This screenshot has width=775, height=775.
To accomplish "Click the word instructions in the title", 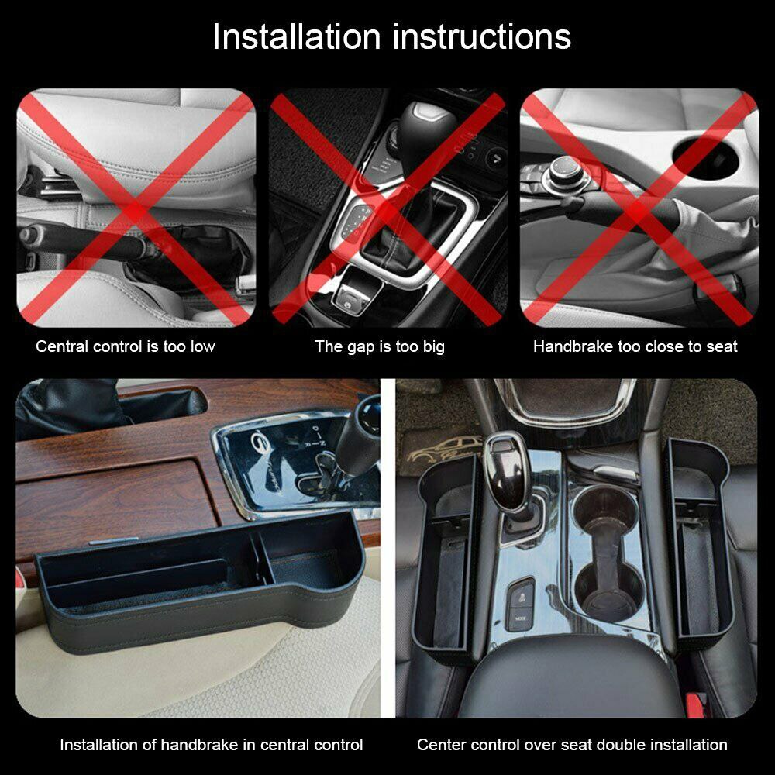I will pyautogui.click(x=483, y=37).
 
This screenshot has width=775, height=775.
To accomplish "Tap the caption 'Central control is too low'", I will pyautogui.click(x=126, y=346).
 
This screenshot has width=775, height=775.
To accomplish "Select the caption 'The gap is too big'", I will pyautogui.click(x=380, y=346).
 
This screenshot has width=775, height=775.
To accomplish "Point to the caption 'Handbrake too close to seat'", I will pyautogui.click(x=635, y=346).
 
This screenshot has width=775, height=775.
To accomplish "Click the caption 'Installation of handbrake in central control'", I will pyautogui.click(x=212, y=745).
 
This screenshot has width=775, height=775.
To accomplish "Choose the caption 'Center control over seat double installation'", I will pyautogui.click(x=572, y=745).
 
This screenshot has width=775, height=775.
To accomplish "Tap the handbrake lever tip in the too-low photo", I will pyautogui.click(x=31, y=232).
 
